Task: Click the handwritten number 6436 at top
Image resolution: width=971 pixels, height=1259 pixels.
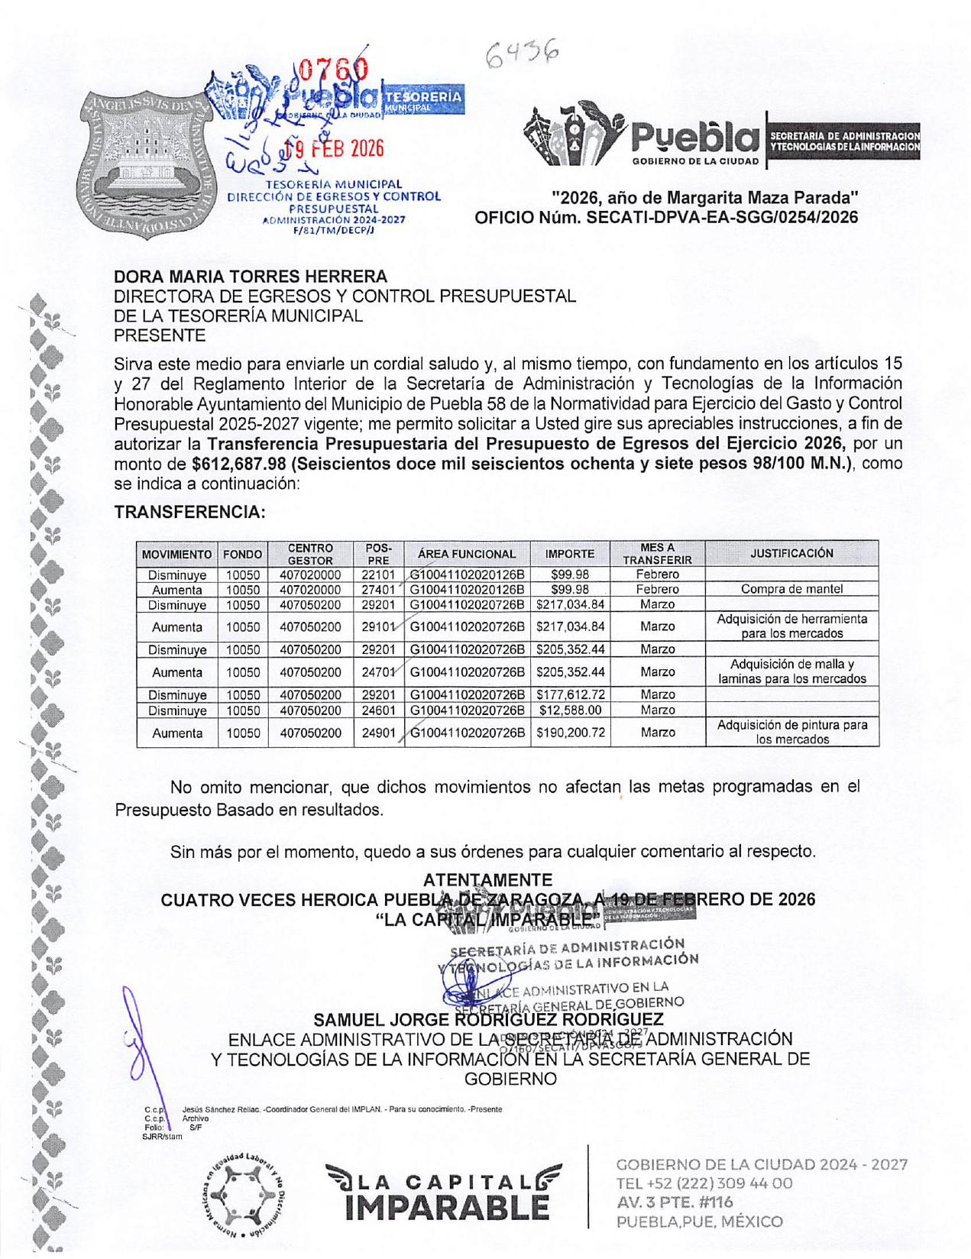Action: tap(523, 54)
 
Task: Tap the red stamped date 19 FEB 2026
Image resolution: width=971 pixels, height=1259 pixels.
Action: tap(334, 148)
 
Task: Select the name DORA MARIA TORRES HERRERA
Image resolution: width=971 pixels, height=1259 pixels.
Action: tap(251, 277)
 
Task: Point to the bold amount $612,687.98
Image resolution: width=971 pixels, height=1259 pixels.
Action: tap(238, 464)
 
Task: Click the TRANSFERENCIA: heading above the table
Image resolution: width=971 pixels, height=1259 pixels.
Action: tap(189, 512)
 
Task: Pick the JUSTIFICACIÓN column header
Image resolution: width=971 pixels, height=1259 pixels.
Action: tap(791, 553)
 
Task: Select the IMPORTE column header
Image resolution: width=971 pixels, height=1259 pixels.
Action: tap(569, 554)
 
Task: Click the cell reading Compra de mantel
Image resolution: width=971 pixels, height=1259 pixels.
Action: tap(791, 589)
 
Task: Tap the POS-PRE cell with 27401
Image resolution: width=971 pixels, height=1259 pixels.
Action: tap(378, 590)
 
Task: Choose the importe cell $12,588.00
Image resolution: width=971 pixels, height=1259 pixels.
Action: tap(570, 710)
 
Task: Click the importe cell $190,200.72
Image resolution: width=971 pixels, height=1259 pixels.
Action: tap(570, 733)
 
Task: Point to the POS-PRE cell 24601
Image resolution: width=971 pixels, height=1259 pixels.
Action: tap(378, 710)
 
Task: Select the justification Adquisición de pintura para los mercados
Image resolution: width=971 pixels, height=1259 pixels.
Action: tap(791, 732)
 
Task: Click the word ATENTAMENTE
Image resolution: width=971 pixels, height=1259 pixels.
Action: tap(487, 880)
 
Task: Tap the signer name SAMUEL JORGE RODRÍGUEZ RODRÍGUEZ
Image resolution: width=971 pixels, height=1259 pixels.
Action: tap(488, 1020)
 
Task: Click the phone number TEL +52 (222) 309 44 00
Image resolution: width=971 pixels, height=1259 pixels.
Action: tap(704, 1183)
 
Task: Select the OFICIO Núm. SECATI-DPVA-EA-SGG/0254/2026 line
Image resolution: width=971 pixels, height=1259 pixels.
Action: tap(666, 218)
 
